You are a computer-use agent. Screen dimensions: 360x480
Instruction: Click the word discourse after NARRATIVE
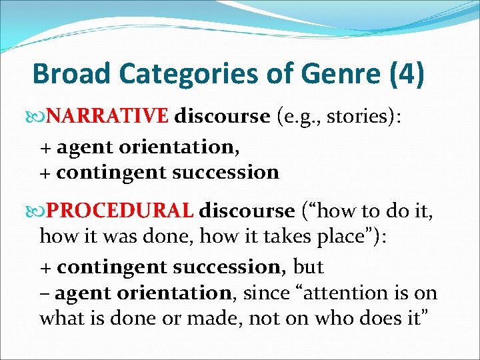pyautogui.click(x=221, y=117)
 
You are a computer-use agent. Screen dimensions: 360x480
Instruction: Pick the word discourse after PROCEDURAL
pyautogui.click(x=247, y=211)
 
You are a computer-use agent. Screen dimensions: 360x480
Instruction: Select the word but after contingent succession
pyautogui.click(x=308, y=267)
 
